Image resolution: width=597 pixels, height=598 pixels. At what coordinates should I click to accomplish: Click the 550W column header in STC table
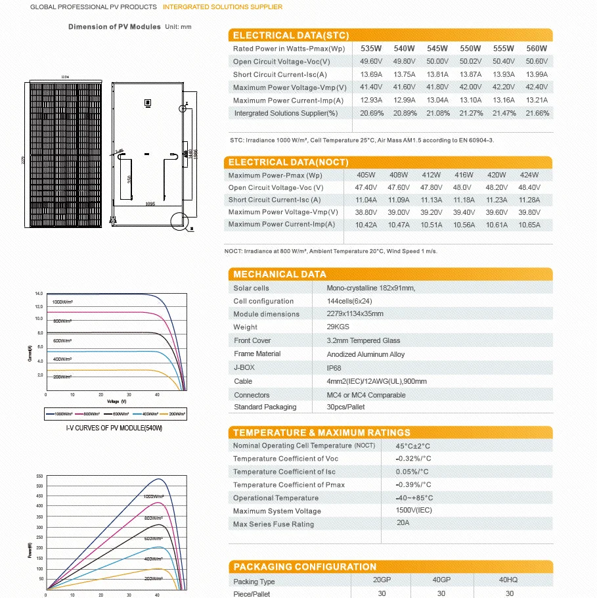tap(470, 49)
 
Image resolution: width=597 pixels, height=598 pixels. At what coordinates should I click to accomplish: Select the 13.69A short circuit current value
tap(370, 75)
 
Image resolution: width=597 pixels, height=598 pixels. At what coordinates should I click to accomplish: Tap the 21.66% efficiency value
tap(537, 114)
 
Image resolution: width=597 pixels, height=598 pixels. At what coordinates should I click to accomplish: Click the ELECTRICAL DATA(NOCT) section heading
tap(288, 162)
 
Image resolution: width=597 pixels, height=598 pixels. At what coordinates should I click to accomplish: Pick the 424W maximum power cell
tap(529, 175)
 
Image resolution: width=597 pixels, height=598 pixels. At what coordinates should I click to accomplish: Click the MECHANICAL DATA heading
tap(279, 274)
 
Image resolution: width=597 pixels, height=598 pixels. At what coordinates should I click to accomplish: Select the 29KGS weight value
tap(339, 327)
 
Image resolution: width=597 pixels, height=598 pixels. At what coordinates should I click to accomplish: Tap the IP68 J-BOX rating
tap(334, 369)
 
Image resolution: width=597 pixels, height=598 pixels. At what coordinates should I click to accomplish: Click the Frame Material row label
tap(257, 354)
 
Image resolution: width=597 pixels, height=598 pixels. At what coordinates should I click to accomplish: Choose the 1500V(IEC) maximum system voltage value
tap(414, 511)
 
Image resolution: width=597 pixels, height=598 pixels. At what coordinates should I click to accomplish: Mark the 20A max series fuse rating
tap(403, 524)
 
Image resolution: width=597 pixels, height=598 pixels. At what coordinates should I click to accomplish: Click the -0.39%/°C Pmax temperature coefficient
tap(413, 485)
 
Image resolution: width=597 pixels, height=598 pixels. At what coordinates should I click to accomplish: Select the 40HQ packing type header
tap(508, 580)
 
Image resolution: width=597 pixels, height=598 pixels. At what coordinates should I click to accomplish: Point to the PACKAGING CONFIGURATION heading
tap(305, 566)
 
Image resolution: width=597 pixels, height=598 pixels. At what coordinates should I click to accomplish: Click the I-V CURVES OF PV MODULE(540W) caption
tap(115, 428)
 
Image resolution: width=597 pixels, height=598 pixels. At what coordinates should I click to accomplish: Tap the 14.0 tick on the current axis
tap(39, 293)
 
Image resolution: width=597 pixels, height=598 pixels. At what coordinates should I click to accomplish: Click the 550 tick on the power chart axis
tap(39, 476)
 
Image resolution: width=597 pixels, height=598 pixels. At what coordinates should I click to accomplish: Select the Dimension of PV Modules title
tap(114, 27)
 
